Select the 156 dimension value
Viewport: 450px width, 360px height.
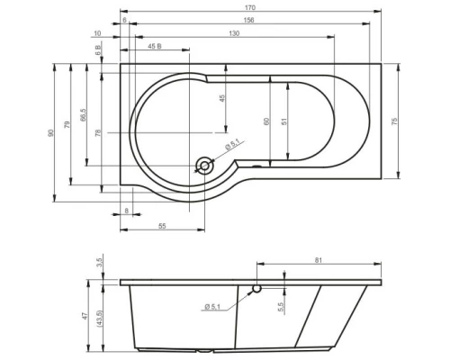[x=248, y=20]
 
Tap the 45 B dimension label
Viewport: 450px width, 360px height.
[x=154, y=46]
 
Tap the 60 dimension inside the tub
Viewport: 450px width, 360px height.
[x=265, y=121]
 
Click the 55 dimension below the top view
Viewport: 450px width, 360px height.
[x=163, y=226]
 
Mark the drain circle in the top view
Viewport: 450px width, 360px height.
[x=205, y=165]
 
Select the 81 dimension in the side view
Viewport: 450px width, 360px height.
[x=320, y=261]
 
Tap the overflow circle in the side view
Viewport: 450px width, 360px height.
[x=257, y=290]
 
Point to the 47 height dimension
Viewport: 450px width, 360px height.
[x=87, y=315]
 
